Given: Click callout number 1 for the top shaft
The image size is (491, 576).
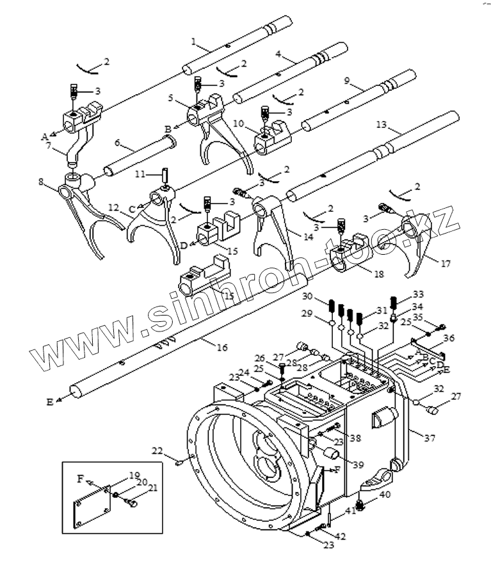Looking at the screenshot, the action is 194,41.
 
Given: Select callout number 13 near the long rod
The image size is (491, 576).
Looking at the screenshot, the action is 382,125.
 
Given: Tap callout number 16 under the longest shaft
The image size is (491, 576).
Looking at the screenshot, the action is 222,347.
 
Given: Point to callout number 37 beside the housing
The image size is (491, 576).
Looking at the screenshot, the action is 430,438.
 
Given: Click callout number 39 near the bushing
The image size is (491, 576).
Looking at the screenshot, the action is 358,465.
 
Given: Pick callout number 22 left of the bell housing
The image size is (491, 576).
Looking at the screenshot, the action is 157,451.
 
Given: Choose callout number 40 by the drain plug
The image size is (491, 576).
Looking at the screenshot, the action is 385,495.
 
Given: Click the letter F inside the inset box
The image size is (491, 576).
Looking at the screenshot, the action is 81,479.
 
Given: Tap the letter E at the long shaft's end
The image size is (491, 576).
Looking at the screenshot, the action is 50,403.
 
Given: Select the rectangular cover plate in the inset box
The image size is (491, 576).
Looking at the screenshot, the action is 92,508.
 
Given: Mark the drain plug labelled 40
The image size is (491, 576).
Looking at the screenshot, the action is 361,506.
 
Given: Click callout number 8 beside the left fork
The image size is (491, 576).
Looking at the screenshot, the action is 41,182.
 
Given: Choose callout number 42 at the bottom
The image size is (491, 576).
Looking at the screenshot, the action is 341,537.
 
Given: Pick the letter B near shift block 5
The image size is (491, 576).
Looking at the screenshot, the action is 168,130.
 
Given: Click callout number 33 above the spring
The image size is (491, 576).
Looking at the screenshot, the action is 418,294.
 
